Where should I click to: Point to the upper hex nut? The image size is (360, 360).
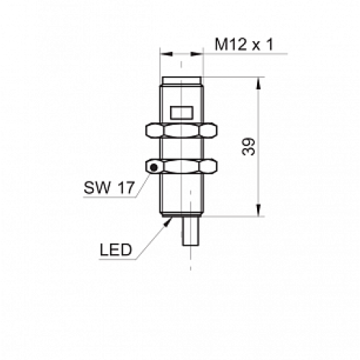pos(181,131)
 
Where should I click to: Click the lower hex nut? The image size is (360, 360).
pos(181,166)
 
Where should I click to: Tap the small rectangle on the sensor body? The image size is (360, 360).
pos(181,111)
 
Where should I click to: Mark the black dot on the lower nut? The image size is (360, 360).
pos(153,168)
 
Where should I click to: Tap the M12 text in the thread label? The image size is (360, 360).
pos(228,45)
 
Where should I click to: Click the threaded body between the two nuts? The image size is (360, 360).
pos(181,149)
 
